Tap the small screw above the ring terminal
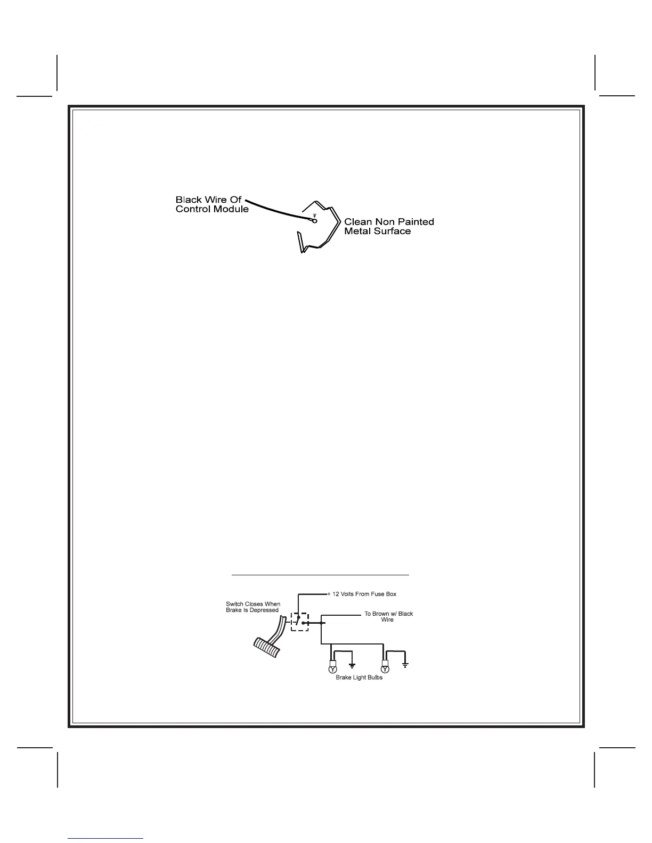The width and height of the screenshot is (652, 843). [x=315, y=216]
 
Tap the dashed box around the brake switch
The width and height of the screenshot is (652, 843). [x=300, y=621]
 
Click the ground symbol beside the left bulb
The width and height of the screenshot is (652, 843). [x=352, y=665]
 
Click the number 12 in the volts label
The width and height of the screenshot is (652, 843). [x=336, y=594]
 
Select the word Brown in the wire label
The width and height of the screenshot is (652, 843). [x=381, y=614]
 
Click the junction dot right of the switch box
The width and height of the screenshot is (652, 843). [x=321, y=622]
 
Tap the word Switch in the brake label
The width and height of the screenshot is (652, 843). [x=235, y=604]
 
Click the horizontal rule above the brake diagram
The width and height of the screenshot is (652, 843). [x=320, y=575]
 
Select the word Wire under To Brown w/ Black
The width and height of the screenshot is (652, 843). [x=387, y=620]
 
